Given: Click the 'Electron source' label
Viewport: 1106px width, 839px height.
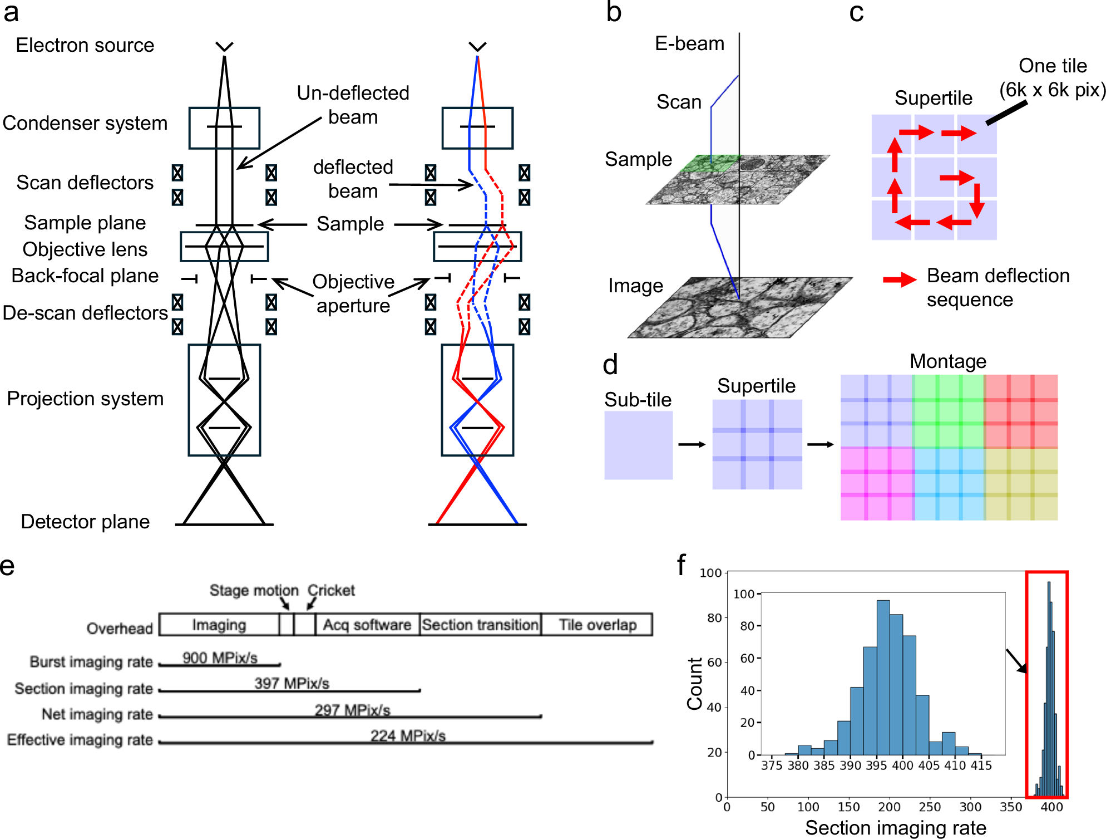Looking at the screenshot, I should coord(85,45).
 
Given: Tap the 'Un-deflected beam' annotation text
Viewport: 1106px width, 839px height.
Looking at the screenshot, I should coord(353,105).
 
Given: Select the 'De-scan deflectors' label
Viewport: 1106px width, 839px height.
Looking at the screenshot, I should coord(85,313).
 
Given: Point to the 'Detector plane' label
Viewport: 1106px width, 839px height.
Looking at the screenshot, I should coord(85,522).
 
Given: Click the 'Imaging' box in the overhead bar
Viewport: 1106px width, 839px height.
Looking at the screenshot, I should coord(219,625).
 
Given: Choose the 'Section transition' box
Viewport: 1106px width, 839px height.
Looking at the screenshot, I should coord(480,625).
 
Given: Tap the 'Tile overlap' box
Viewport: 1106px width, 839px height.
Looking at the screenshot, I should coord(598,625).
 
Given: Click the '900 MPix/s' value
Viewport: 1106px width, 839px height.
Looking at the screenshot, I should coord(220,658).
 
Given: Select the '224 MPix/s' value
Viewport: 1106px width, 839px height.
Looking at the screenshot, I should coord(408,735).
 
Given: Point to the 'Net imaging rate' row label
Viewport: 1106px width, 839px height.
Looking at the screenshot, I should coord(97,714).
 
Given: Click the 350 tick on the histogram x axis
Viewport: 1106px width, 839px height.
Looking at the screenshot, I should coord(1011,807).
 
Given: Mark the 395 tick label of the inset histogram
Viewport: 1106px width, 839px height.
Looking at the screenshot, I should coord(876,766).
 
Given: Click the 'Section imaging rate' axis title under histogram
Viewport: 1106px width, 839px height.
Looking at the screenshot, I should coord(896,828).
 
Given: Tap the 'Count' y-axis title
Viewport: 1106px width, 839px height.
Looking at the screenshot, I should coord(695,684).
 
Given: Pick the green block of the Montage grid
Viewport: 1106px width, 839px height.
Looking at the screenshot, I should coord(949,411).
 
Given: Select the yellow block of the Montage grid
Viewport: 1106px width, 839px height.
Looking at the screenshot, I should coord(1021,484).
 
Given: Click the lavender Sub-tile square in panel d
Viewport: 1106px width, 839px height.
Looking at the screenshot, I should coord(639,445).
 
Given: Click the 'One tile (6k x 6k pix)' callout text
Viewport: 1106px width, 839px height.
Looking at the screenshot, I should coord(1052,78).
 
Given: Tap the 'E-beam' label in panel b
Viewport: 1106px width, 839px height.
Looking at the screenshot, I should coord(689,43).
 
